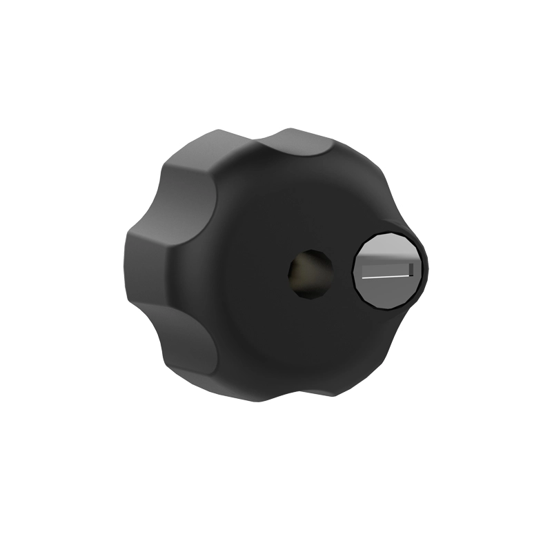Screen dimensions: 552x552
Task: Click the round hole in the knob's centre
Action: (x=309, y=274)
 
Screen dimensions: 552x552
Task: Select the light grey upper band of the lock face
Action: (x=388, y=245)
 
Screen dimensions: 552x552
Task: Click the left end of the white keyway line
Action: (x=364, y=277)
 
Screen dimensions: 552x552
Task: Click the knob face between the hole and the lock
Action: (x=342, y=273)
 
